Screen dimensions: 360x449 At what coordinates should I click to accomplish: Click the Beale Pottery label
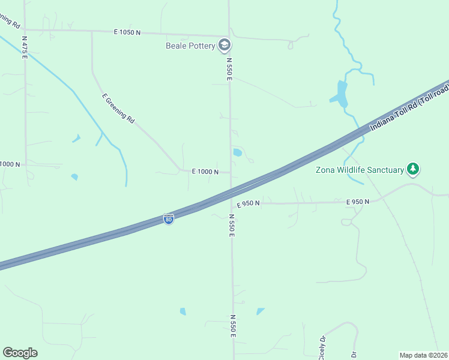191,45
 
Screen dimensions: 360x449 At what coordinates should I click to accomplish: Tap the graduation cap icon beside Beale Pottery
224,44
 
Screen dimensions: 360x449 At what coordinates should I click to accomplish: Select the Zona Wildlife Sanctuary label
360,170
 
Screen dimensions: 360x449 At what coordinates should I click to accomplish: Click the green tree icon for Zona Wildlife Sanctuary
412,169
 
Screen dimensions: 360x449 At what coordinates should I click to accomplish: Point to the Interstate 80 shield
169,220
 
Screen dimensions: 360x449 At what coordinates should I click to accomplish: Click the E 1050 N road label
127,32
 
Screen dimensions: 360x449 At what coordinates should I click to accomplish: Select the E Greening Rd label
118,109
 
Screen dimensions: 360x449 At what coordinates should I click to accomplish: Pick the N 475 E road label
25,46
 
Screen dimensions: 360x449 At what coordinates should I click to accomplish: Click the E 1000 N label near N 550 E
205,172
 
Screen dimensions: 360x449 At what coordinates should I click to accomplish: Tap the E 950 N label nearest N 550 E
248,204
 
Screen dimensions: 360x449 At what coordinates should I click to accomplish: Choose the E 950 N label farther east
357,202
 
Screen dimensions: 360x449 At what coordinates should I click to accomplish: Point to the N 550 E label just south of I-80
231,225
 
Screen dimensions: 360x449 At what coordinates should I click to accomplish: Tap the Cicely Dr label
323,347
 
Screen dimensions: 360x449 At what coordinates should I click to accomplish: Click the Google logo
20,353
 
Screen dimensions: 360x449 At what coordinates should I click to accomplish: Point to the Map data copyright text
423,355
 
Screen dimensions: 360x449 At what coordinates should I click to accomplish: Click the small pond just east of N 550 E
237,152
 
